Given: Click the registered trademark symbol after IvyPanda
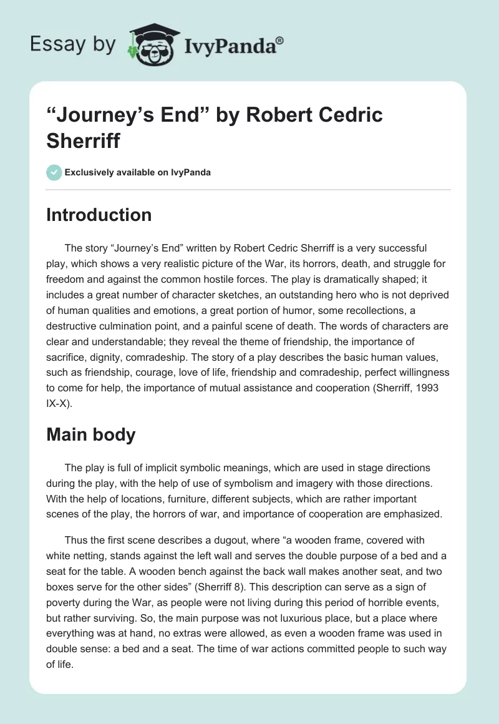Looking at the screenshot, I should click(x=280, y=40).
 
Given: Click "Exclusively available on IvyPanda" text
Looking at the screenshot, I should click(x=137, y=172).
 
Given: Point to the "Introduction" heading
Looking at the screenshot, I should click(x=99, y=215).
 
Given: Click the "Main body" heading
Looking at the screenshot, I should click(x=90, y=434).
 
